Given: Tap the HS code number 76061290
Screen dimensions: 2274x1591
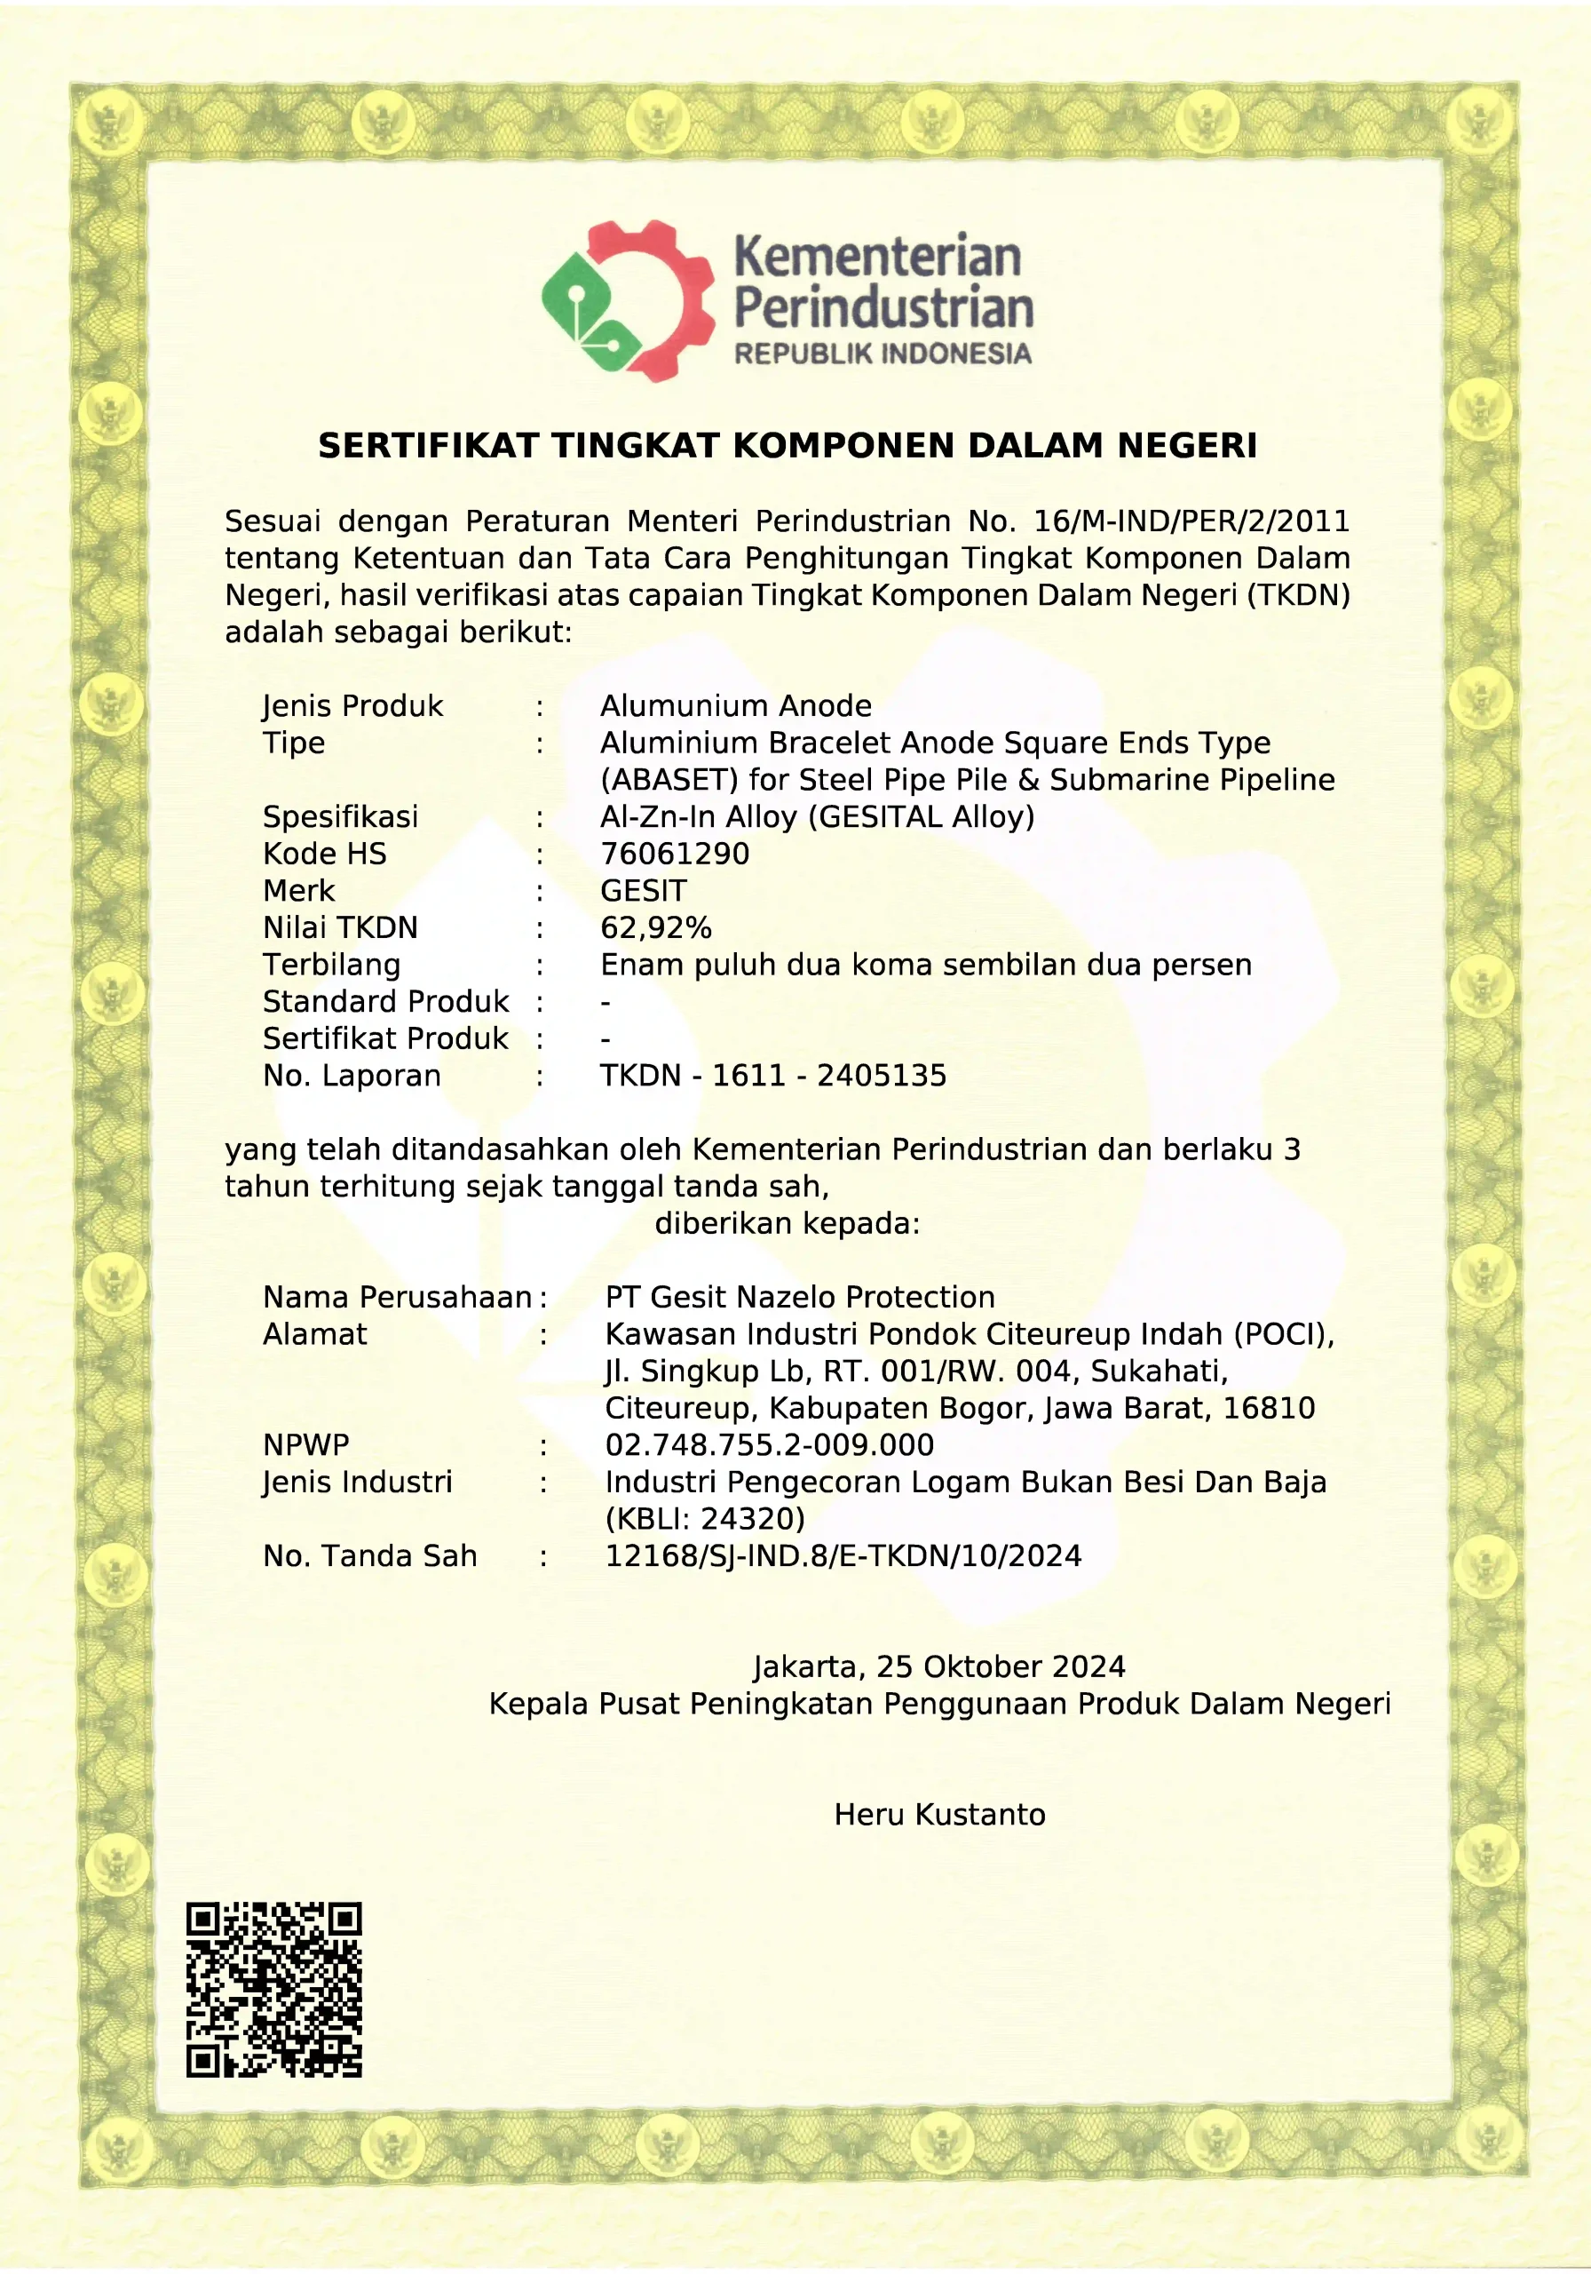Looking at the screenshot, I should tap(674, 854).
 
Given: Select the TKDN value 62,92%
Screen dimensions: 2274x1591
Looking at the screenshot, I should tap(655, 928).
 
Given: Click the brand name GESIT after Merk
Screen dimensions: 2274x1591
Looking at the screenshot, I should tap(643, 890).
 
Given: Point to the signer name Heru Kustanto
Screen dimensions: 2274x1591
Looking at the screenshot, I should tap(939, 1815).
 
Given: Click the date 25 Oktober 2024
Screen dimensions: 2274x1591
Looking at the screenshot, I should tap(1000, 1667).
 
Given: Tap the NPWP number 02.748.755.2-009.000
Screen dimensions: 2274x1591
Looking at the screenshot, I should tap(769, 1445).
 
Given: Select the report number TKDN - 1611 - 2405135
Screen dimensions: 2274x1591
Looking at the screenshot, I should tap(773, 1076).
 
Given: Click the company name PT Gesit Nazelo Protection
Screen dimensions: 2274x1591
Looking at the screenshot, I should tap(800, 1298).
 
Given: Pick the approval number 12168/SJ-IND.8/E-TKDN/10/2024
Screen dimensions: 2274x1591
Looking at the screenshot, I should tap(843, 1556).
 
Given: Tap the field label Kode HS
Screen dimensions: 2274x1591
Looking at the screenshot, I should tap(325, 854).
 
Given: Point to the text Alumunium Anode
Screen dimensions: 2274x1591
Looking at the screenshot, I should tap(736, 706).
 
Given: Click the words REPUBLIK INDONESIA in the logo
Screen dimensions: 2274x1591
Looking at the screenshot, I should tap(883, 354).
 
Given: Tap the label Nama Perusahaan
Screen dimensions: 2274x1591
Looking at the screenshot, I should tap(397, 1298).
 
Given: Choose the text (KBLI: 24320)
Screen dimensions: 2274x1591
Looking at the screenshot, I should tap(705, 1519).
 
